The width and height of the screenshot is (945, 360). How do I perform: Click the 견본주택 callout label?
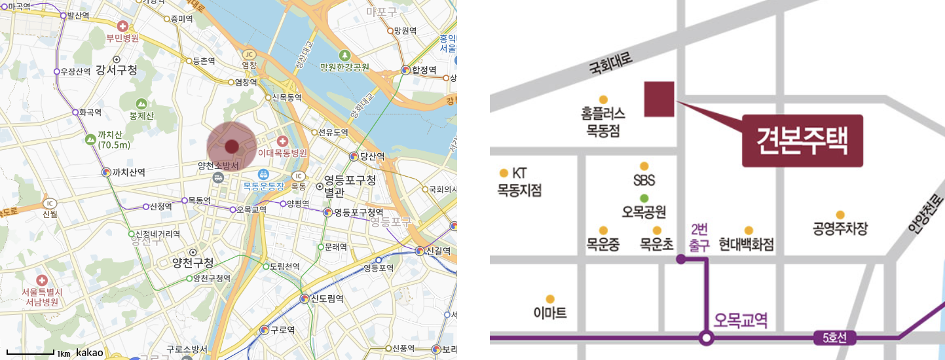(x=802, y=140)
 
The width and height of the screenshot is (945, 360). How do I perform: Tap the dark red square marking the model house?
(x=659, y=99)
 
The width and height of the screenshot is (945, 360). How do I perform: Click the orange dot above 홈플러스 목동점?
(x=603, y=99)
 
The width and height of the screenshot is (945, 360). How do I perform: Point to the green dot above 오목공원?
(x=644, y=198)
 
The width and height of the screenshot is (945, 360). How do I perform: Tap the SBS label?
(x=644, y=180)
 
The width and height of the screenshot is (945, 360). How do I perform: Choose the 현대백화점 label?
(x=747, y=245)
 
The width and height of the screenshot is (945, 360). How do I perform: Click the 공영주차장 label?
(x=840, y=228)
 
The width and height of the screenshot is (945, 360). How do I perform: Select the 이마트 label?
(x=550, y=314)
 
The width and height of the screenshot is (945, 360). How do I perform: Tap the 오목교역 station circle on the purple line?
(x=705, y=338)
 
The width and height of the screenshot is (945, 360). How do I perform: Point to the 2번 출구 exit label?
(x=699, y=236)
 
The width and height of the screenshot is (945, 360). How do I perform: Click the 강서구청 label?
(x=116, y=70)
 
